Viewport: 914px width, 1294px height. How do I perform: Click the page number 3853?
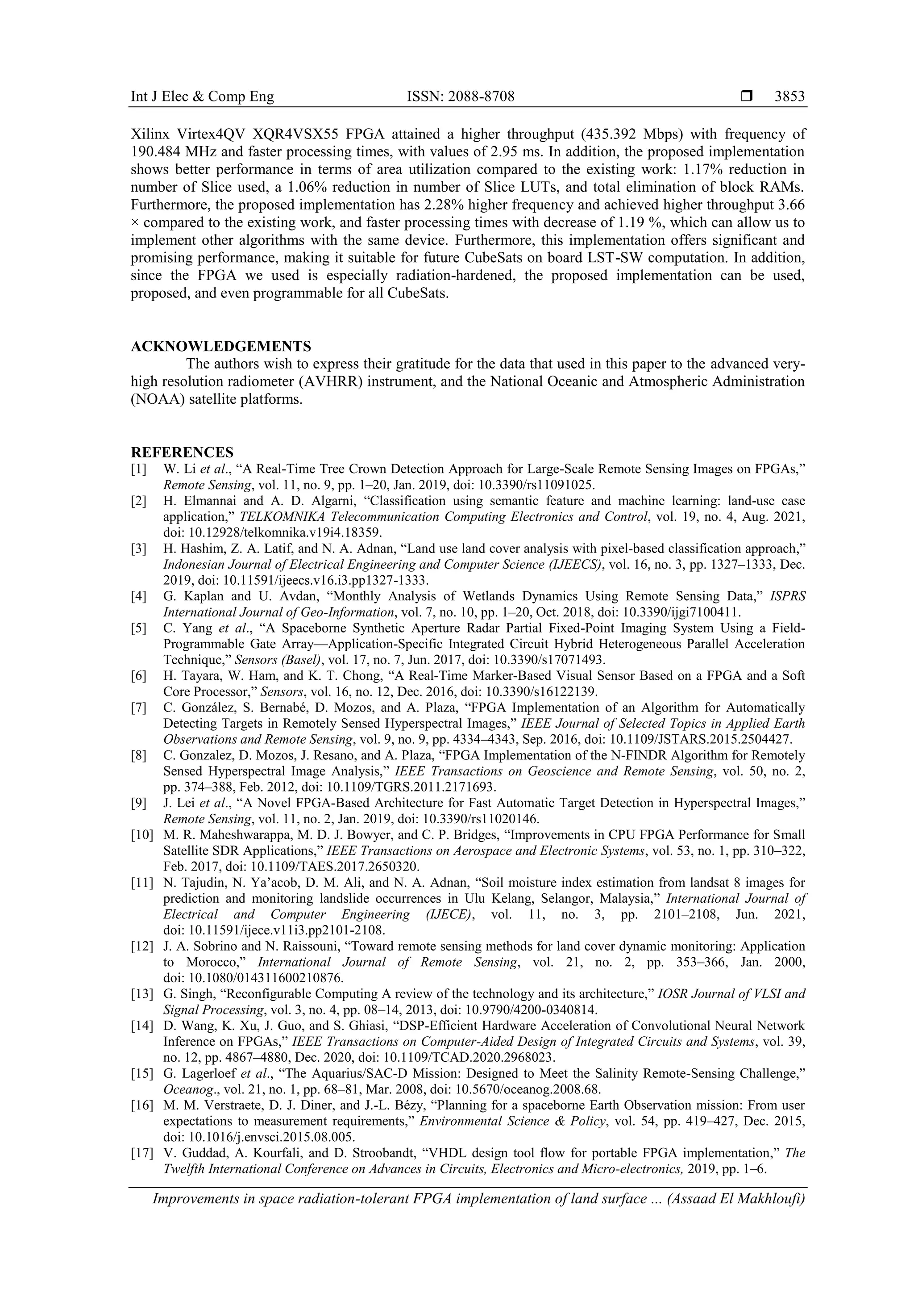tap(789, 96)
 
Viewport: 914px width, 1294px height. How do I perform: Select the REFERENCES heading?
tap(182, 452)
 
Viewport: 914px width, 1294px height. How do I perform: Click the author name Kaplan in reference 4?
tap(195, 596)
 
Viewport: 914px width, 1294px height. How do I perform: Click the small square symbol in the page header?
tap(747, 96)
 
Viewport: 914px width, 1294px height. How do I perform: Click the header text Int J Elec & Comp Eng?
tap(202, 96)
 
